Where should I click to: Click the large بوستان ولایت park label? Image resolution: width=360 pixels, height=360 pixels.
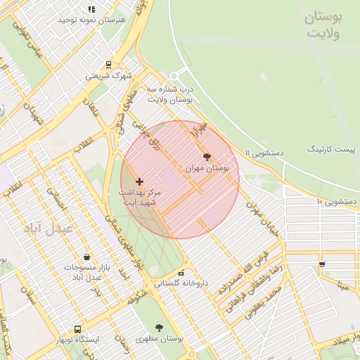tap(323, 26)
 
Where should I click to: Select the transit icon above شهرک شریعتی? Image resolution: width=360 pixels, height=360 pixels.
tap(108, 64)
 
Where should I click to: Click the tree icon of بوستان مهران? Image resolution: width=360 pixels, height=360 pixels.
tap(207, 157)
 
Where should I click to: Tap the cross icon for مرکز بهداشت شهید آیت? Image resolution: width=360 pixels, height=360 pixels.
tap(139, 181)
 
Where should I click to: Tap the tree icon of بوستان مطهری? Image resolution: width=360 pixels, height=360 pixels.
tap(159, 327)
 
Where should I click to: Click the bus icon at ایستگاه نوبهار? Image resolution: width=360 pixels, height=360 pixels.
tap(77, 328)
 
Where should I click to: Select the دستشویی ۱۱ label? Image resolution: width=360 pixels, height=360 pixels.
tap(264, 152)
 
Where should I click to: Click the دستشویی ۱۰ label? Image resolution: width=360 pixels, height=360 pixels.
tap(338, 202)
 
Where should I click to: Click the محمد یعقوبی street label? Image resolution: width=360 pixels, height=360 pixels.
tap(263, 302)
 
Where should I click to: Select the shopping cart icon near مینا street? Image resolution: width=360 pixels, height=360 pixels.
tap(322, 265)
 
